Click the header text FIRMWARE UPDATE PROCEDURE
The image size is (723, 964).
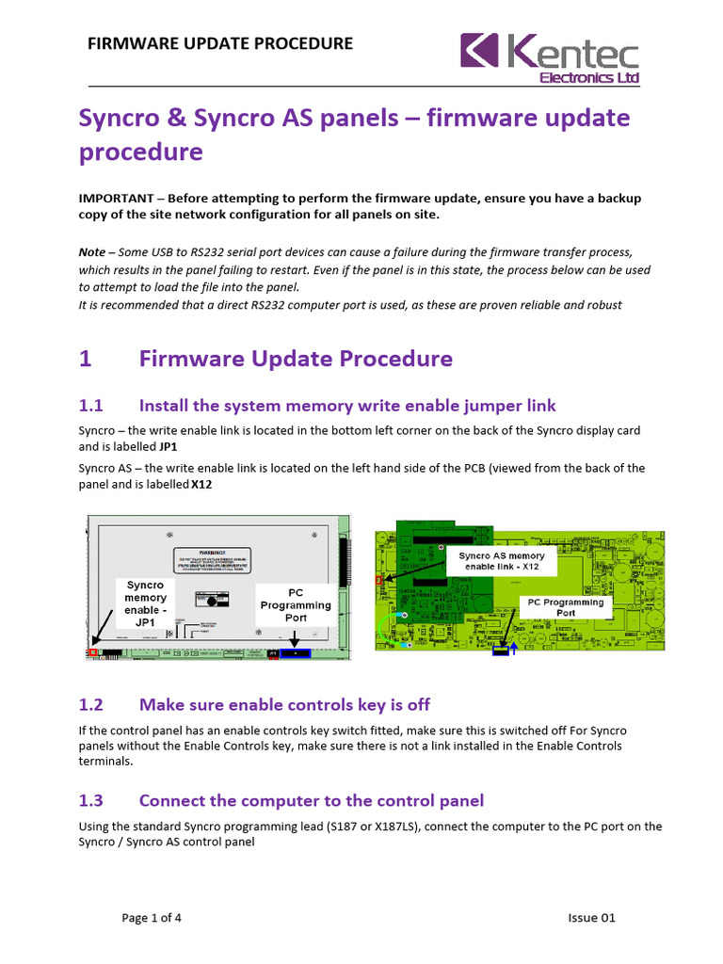coord(220,43)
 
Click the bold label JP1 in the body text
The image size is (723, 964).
coord(169,447)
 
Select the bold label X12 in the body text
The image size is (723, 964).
coord(202,486)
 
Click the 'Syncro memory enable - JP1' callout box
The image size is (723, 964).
coord(146,603)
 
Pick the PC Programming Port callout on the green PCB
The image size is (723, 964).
coord(566,606)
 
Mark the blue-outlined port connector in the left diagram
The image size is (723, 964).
coord(296,652)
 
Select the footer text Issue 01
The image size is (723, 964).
coord(591,919)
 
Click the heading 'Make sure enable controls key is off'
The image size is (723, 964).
coord(284,704)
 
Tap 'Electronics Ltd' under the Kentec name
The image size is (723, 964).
coord(588,77)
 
